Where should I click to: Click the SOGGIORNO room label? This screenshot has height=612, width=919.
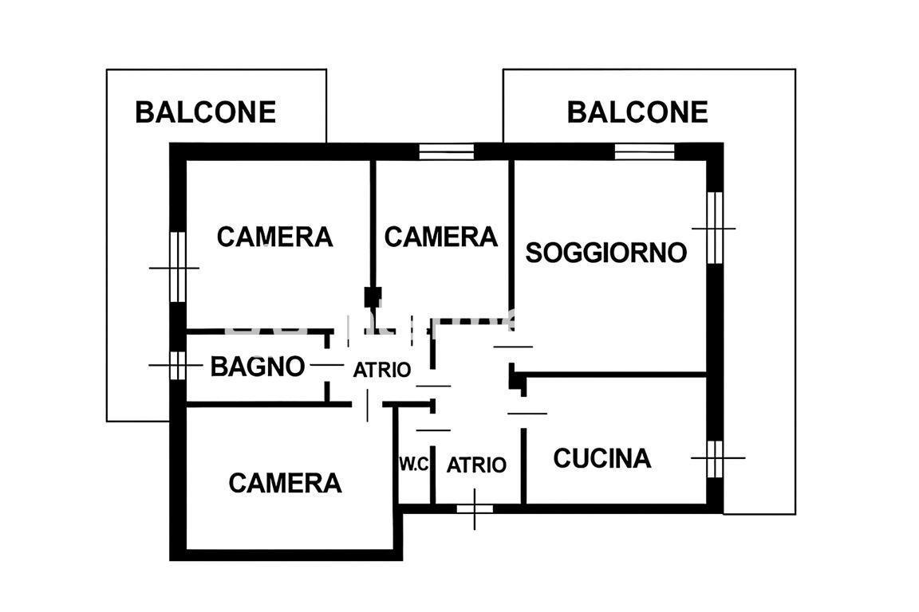pos(606,253)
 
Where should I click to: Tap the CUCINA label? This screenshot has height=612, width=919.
pos(602,458)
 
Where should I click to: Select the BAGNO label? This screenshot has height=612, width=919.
pos(258,367)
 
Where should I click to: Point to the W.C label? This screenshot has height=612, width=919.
pos(414,465)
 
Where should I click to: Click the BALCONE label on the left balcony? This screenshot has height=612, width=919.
pos(205,112)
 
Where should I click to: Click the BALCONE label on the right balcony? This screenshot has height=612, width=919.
pos(637,112)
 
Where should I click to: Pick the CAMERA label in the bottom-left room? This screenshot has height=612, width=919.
pos(285,483)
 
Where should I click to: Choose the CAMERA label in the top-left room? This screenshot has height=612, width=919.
pos(274,237)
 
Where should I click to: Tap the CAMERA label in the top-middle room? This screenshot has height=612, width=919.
pos(440,237)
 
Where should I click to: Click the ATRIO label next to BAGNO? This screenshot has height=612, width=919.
pos(382,370)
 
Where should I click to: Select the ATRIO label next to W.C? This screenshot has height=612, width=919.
pos(476,465)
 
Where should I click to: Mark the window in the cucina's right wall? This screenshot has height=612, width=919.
pos(715,458)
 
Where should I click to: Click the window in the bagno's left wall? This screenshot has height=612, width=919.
pos(177,366)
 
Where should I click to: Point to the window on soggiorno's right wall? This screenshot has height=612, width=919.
pos(715,228)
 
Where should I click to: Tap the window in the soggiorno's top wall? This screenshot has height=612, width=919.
pos(645,151)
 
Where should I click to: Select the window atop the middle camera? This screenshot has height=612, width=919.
pos(447,151)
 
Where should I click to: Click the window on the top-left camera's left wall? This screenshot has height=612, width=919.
pos(177,267)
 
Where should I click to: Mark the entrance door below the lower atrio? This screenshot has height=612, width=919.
pos(475,508)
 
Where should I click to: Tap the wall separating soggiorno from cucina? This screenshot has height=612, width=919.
pos(614,374)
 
